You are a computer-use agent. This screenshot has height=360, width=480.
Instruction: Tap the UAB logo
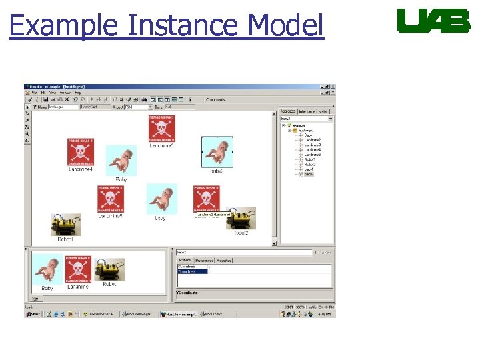(433, 21)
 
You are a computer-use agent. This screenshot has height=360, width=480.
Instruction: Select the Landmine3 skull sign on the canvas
(161, 128)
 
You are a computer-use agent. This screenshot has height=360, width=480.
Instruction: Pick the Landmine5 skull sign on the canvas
(110, 199)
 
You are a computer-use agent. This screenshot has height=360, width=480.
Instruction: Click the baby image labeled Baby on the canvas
(121, 161)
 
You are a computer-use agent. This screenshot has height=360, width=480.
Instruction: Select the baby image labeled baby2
(217, 151)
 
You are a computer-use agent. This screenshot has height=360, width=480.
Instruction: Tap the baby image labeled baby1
(161, 199)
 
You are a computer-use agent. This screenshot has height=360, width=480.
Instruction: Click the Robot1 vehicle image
(66, 225)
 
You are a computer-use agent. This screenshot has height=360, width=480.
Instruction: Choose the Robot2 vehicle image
(241, 219)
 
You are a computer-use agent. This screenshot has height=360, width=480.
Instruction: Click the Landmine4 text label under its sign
(80, 169)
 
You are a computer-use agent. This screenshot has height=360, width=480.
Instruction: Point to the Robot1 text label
(65, 239)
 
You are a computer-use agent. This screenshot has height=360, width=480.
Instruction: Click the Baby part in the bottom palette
(47, 269)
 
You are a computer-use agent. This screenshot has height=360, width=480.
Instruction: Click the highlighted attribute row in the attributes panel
(193, 271)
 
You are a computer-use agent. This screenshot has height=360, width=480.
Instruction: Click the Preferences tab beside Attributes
(204, 261)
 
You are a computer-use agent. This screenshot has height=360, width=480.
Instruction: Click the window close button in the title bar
(333, 87)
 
